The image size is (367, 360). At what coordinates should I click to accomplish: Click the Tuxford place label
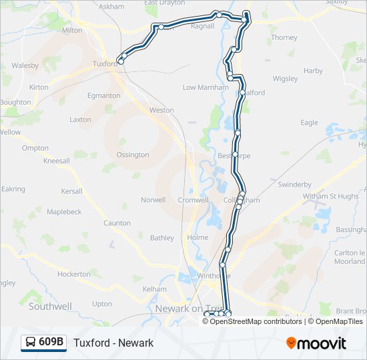[105, 64]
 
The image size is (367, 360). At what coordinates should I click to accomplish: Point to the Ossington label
[133, 155]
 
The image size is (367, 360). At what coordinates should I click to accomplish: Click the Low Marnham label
[201, 87]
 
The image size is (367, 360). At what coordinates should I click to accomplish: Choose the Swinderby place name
[294, 184]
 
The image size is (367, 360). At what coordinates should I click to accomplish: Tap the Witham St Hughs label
[330, 196]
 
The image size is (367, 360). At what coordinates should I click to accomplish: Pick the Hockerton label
[73, 274]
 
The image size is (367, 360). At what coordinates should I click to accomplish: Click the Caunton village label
[117, 223]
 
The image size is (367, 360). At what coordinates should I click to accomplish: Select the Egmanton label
[103, 95]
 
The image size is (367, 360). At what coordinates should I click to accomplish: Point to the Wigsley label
[285, 79]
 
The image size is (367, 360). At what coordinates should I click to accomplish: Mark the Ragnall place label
[202, 26]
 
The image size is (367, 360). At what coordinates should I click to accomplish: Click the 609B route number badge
[51, 343]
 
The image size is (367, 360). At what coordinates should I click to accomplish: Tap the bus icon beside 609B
[31, 343]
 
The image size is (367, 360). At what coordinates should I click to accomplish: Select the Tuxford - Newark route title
[113, 343]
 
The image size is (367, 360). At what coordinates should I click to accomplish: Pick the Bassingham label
[352, 229]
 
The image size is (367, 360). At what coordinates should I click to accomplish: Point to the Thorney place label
[284, 37]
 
